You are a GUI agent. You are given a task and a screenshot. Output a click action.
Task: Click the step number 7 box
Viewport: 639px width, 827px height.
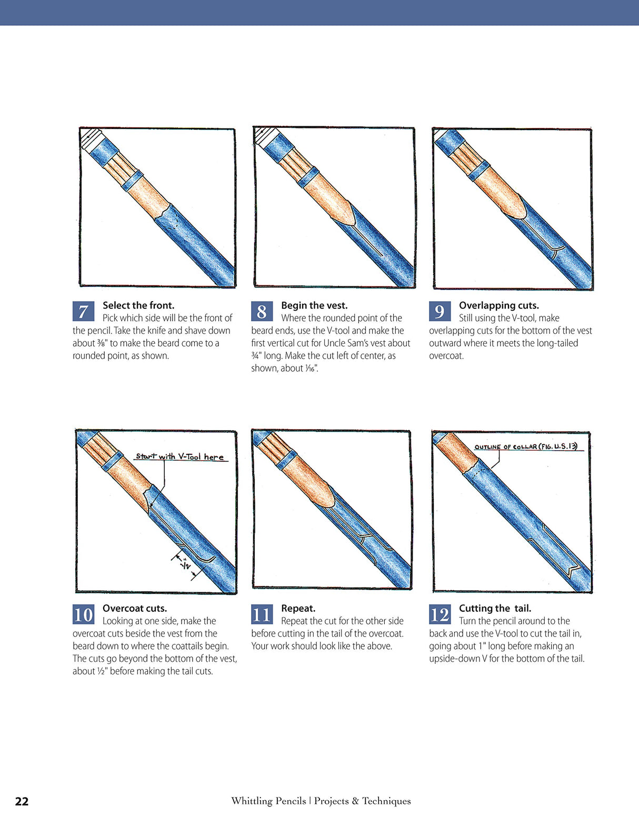83,311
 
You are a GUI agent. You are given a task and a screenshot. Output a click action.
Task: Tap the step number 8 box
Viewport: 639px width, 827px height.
262,311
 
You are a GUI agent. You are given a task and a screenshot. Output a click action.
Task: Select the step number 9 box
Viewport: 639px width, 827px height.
440,311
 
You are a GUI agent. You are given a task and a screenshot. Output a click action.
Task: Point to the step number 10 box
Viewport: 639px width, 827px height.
83,614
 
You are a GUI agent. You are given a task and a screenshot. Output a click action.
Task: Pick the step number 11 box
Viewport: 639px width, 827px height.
262,614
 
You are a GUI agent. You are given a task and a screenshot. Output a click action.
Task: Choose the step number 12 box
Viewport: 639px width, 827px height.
440,614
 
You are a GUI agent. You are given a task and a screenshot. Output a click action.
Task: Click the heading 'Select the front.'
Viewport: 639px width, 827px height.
138,305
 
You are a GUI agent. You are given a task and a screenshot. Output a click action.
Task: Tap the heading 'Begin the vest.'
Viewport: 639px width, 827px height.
314,305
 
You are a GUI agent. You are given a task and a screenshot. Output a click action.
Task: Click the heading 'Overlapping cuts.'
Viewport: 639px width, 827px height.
498,305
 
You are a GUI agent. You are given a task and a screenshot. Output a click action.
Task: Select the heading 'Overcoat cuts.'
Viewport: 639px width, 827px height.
135,609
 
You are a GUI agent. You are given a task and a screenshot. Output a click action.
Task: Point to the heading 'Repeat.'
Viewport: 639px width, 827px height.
298,609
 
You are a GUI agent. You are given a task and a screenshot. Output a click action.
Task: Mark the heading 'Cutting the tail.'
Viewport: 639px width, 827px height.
495,609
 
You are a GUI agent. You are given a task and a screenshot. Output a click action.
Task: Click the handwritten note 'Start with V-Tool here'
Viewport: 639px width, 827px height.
179,456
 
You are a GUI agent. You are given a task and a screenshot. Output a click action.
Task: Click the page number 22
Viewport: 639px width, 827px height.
22,801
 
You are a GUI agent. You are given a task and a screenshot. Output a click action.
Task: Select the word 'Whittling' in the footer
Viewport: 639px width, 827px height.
268,801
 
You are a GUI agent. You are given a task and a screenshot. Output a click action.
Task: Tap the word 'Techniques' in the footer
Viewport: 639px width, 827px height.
386,801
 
